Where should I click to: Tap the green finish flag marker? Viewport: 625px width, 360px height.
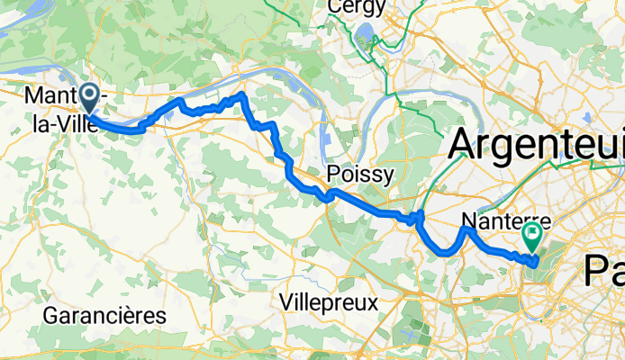pos(531,237)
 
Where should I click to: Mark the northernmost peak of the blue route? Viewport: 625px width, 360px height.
pos(241,94)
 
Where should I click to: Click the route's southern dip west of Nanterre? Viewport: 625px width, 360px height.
pos(445,253)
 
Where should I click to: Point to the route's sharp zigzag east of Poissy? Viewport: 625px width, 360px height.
pos(418,216)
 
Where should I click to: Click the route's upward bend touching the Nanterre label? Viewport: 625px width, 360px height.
pos(467,230)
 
